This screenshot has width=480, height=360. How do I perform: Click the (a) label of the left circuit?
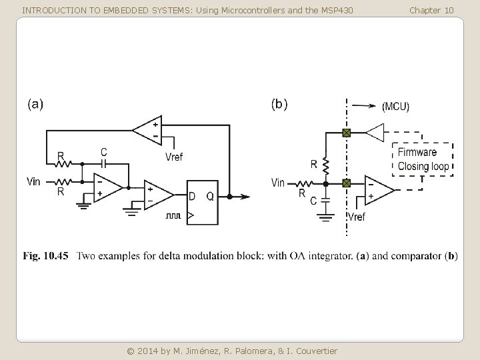35,104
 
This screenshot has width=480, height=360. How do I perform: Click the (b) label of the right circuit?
279,104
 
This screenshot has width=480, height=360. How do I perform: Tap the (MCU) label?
395,107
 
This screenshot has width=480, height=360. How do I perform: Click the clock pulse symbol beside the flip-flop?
173,216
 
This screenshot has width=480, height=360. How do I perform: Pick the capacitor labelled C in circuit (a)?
103,162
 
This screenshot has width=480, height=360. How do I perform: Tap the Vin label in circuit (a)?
33,182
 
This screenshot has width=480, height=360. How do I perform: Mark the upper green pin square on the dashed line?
346,133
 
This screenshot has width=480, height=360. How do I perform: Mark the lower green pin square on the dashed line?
346,183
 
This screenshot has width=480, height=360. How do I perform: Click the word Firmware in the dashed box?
417,153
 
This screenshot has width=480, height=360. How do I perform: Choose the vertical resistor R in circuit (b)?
325,163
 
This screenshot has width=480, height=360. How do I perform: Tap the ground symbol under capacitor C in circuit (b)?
325,215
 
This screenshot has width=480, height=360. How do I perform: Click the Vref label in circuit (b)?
356,217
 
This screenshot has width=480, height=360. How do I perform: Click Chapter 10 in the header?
431,10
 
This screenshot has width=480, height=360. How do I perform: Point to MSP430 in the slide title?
335,10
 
